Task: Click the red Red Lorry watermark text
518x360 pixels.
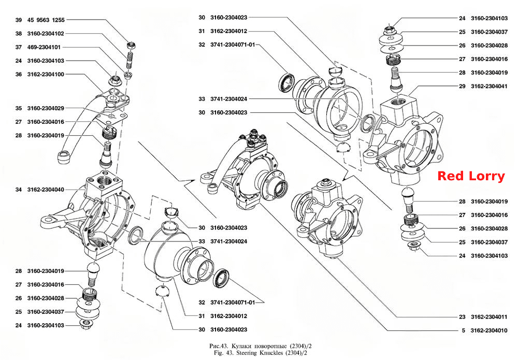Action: coord(471,176)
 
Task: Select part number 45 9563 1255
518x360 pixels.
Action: coord(46,20)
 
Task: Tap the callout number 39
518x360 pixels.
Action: coord(19,20)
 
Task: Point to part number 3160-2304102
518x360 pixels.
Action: coord(46,33)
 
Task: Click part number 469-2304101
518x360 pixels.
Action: coord(44,47)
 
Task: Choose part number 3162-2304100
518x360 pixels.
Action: coord(46,74)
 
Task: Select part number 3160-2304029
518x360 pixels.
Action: coord(46,108)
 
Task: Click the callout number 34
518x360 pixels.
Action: coord(19,190)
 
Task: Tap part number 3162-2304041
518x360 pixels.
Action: coord(490,86)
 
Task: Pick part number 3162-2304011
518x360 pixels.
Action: coord(490,317)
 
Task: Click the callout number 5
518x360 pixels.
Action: coord(464,330)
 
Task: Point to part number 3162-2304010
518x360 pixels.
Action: coord(490,330)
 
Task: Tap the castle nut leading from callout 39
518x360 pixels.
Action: coord(132,45)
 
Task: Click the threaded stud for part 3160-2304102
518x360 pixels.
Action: coord(129,61)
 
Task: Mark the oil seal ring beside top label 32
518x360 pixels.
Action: coord(286,82)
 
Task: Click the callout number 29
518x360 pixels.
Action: coord(462,86)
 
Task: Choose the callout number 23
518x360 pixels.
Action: coord(462,317)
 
